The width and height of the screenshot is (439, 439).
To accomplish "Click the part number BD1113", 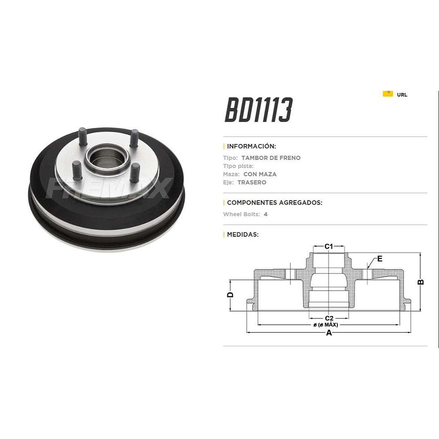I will [259, 110].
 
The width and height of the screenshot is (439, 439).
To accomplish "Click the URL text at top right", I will [402, 95].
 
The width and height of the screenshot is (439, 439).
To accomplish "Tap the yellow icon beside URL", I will [388, 93].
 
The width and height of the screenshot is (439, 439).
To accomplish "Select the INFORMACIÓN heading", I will [251, 146].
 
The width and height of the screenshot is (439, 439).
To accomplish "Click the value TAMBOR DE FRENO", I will [271, 158].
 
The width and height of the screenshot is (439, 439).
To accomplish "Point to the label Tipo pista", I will [238, 166].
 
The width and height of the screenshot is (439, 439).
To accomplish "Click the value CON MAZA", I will [260, 174].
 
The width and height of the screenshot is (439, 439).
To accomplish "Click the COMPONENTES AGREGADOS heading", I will [274, 202].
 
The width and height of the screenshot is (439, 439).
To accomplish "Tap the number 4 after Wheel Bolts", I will [265, 214].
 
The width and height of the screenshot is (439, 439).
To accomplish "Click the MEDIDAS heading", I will [243, 234].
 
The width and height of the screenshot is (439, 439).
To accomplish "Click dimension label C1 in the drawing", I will [329, 246].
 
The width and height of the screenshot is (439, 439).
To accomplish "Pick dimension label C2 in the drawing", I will [329, 318].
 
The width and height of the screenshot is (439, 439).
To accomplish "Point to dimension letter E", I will [380, 259].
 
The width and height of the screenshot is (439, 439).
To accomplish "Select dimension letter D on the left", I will [230, 295].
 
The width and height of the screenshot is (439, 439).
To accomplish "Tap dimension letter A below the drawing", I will [329, 333].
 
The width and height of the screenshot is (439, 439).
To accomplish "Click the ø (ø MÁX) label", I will [326, 325].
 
